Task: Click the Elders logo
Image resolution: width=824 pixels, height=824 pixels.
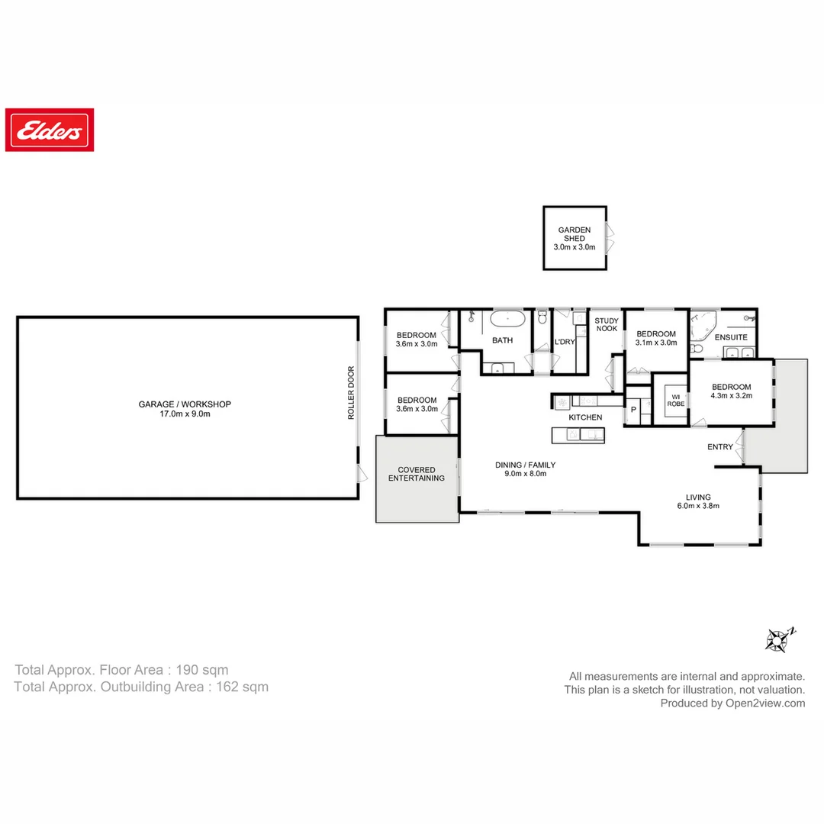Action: [50, 130]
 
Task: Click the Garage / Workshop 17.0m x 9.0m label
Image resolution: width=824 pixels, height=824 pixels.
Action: [185, 409]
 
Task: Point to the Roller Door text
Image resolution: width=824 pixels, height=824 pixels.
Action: [352, 393]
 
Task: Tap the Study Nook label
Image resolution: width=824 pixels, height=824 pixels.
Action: [607, 325]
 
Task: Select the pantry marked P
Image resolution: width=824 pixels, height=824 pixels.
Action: [632, 410]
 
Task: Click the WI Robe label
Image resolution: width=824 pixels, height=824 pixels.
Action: [675, 400]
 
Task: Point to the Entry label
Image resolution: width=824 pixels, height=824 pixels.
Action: [719, 447]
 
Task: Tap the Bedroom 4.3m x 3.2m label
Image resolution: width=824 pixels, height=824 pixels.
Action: [731, 391]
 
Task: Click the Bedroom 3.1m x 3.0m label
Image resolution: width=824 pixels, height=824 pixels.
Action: [656, 339]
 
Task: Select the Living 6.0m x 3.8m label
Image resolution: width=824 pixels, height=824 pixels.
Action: [698, 501]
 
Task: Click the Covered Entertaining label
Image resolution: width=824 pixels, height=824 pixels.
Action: [416, 474]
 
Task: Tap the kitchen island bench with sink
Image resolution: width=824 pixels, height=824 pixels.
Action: [578, 435]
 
